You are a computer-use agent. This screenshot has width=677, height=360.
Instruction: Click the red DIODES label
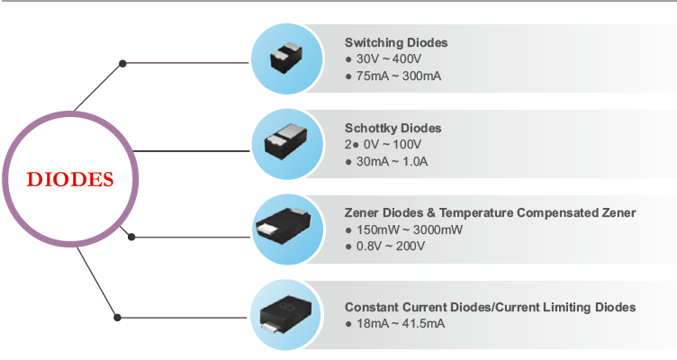[70, 178]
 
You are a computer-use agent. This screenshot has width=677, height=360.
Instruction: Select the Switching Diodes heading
[396, 42]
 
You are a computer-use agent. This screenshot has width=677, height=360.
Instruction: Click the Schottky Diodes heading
[393, 128]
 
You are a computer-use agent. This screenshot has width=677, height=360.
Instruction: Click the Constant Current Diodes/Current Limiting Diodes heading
[490, 307]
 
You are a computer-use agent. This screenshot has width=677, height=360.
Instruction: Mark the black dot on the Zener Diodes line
[131, 237]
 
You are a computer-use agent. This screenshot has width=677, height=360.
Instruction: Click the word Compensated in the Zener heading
[558, 212]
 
